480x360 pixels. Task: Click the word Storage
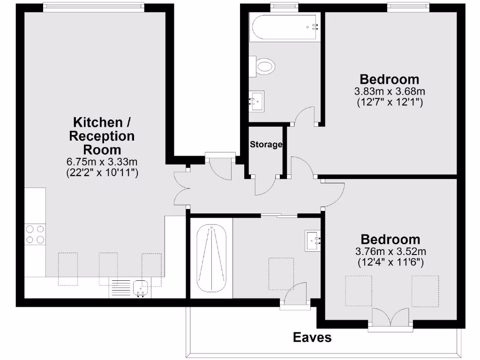[266, 144]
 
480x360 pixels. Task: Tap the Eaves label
[312, 337]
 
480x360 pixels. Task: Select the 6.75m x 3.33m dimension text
[102, 162]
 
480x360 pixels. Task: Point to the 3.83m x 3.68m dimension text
[389, 91]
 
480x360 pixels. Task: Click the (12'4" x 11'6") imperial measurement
[390, 263]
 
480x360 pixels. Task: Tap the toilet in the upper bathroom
[262, 67]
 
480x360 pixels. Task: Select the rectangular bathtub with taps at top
[285, 27]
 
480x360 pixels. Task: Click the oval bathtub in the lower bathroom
[212, 257]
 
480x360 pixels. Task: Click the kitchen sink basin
[141, 286]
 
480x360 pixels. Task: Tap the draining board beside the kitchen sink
[121, 287]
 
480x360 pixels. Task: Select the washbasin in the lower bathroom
[313, 240]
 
